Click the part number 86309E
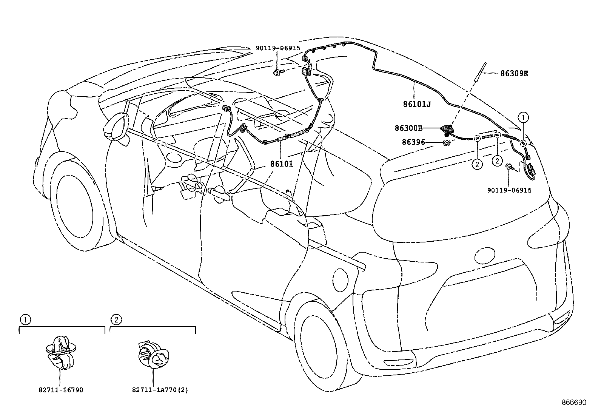(x=514, y=74)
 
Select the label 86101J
(x=417, y=104)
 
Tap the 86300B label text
(x=408, y=128)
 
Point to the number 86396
(x=413, y=142)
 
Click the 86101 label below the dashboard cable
(x=281, y=164)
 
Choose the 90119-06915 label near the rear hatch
(x=509, y=190)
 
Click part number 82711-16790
(x=60, y=390)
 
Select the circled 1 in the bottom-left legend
(x=25, y=320)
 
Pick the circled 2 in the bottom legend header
(x=116, y=320)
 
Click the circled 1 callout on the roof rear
(x=523, y=117)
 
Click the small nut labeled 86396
(x=446, y=143)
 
